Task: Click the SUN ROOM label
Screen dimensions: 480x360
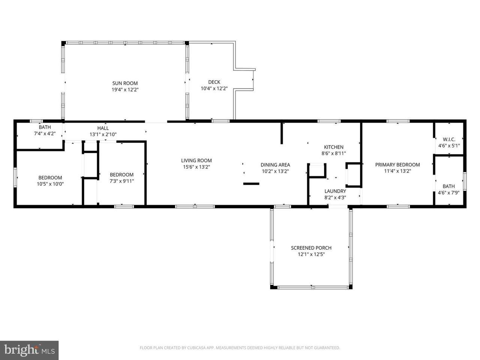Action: (125, 83)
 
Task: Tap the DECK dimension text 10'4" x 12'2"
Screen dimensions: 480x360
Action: (214, 88)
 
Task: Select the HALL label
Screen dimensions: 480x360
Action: (103, 128)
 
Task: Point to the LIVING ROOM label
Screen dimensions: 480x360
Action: (196, 160)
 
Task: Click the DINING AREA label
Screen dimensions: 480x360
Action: (275, 165)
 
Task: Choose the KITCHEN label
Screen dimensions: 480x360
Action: (334, 147)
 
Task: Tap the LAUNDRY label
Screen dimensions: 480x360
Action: (335, 191)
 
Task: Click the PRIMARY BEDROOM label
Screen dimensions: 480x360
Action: (397, 165)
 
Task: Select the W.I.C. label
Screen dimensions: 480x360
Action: (449, 139)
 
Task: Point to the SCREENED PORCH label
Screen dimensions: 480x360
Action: (311, 248)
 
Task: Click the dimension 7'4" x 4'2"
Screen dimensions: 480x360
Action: (45, 133)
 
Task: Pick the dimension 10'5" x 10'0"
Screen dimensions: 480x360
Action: (50, 184)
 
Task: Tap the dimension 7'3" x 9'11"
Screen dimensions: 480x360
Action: (122, 181)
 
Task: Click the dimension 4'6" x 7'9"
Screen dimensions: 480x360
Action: (449, 193)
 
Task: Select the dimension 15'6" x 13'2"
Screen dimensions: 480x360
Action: (196, 167)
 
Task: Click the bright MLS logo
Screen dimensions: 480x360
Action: (29, 350)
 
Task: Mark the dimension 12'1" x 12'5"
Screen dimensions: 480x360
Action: (311, 254)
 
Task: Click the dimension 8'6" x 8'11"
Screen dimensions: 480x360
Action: (334, 153)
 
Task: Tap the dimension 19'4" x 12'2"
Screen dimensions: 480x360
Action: (125, 90)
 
